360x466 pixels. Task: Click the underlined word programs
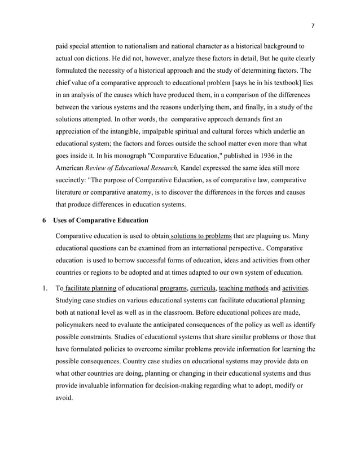(173, 289)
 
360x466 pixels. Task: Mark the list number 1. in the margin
(45, 289)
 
